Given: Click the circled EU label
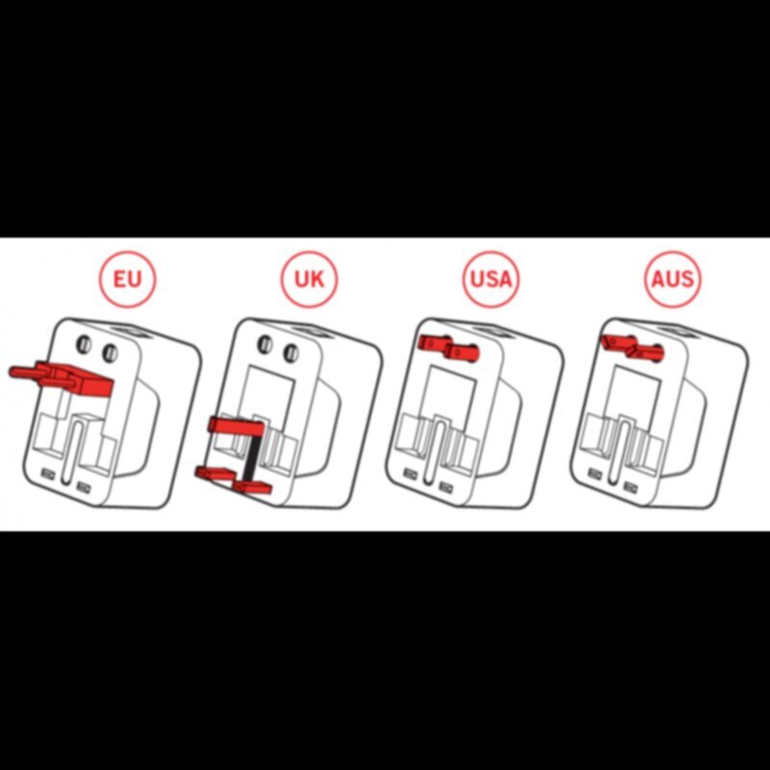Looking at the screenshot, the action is pos(127,279).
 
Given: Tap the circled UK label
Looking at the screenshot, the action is pos(309,279).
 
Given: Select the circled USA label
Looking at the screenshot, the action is pos(491,279).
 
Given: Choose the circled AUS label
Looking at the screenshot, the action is pos(672,279).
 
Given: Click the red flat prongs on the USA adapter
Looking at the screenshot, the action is pos(448,347).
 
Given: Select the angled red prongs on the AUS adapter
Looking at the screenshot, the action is pos(632,346).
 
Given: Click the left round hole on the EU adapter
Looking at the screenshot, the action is pos(84,344).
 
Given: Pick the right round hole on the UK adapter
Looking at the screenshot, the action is pos(292,352).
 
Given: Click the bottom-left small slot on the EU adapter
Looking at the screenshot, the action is pos(47,474).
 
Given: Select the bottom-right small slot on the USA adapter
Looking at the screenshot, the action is pos(446,487).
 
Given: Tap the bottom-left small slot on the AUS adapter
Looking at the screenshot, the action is pos(594,474).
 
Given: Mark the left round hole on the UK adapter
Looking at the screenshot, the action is pos(266,344).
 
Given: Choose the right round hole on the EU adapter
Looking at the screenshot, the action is pos(110,352).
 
